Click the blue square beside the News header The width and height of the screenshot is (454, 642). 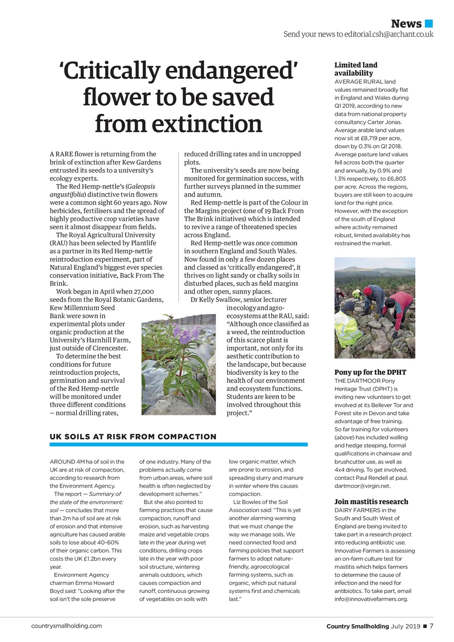tap(428, 23)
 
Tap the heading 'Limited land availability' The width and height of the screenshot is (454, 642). tap(356, 69)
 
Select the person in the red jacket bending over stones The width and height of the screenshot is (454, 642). tap(398, 306)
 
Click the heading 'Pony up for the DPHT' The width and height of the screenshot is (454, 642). tap(370, 372)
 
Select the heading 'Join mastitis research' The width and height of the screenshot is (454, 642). tap(371, 502)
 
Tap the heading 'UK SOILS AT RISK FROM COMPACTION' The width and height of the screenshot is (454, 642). tap(133, 437)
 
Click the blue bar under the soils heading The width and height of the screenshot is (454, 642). tap(178, 444)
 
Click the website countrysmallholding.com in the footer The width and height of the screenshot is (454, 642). tap(66, 626)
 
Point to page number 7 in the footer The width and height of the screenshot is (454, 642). tap(431, 626)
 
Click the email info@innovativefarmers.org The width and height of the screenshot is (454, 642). tap(371, 599)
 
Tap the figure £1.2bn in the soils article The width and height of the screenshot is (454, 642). tap(95, 559)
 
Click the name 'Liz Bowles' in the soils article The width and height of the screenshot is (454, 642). tap(248, 502)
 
